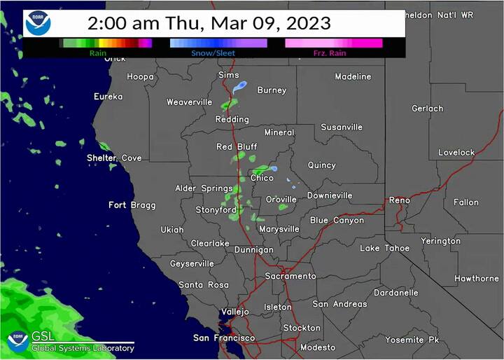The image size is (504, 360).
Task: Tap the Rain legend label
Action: pos(97,53)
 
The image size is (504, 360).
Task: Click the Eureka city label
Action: pos(108,97)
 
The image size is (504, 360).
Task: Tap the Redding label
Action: pos(232,120)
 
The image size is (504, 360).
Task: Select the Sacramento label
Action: pos(290,276)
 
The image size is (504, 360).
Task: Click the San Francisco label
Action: pos(225,338)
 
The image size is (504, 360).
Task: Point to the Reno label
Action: pos(400,200)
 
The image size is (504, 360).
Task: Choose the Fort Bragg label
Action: pos(132,205)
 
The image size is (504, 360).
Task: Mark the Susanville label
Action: pos(342,127)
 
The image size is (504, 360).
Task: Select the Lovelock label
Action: pos(456,153)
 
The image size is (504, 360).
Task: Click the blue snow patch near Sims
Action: pos(240,87)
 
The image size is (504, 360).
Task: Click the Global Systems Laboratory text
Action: pos(83,348)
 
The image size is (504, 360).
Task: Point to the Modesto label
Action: pos(318,347)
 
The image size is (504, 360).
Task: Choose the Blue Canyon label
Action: pos(337,220)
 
